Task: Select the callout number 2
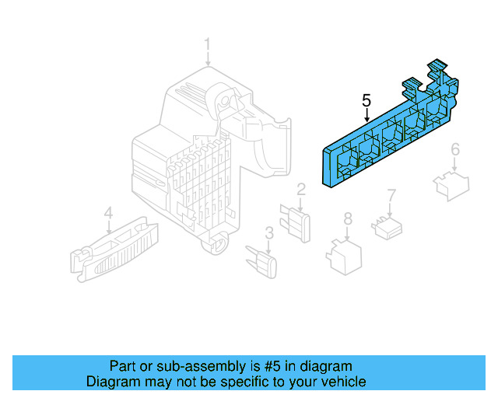(x=300, y=189)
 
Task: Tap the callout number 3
(x=268, y=232)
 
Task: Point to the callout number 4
(x=109, y=211)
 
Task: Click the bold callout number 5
(x=366, y=100)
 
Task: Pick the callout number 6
(x=455, y=148)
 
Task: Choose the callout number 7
(x=392, y=194)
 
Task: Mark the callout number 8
(x=348, y=219)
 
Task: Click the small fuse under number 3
(x=264, y=261)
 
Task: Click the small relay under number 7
(x=388, y=228)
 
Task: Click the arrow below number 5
(x=366, y=115)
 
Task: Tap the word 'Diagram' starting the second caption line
(x=111, y=382)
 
